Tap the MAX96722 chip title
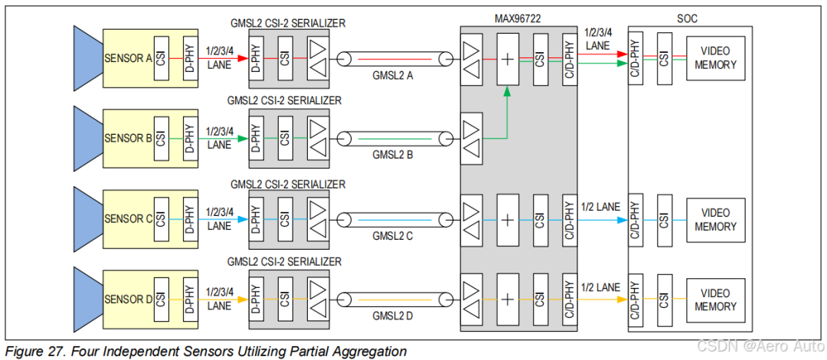[518, 17]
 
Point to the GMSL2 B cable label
[393, 155]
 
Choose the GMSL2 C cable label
[393, 236]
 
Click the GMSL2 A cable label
[393, 74]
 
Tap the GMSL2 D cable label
[393, 316]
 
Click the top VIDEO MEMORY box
[715, 58]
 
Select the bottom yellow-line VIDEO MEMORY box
[715, 299]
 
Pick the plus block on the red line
[508, 58]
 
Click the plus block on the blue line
[508, 219]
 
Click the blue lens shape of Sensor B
[87, 138]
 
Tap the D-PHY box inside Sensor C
[188, 219]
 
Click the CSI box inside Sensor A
[161, 58]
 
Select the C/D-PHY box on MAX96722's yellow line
[569, 299]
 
